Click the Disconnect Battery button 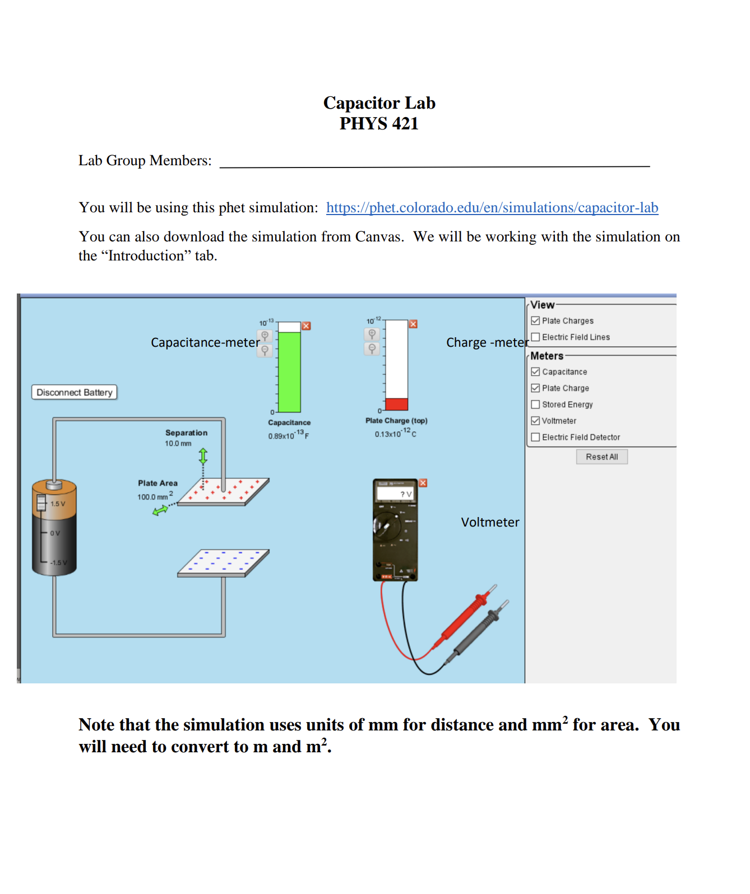[75, 392]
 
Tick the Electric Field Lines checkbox [536, 337]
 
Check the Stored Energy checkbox [536, 404]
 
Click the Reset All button [601, 457]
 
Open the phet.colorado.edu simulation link [492, 208]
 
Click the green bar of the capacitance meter [289, 372]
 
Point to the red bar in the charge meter [396, 404]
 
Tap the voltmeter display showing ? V [395, 493]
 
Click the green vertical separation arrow [203, 456]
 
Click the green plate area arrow [160, 510]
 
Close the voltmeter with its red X [423, 483]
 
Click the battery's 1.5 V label [58, 504]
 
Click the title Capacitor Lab [379, 103]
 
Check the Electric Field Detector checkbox [536, 437]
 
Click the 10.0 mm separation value [178, 444]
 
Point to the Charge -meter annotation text [487, 343]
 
